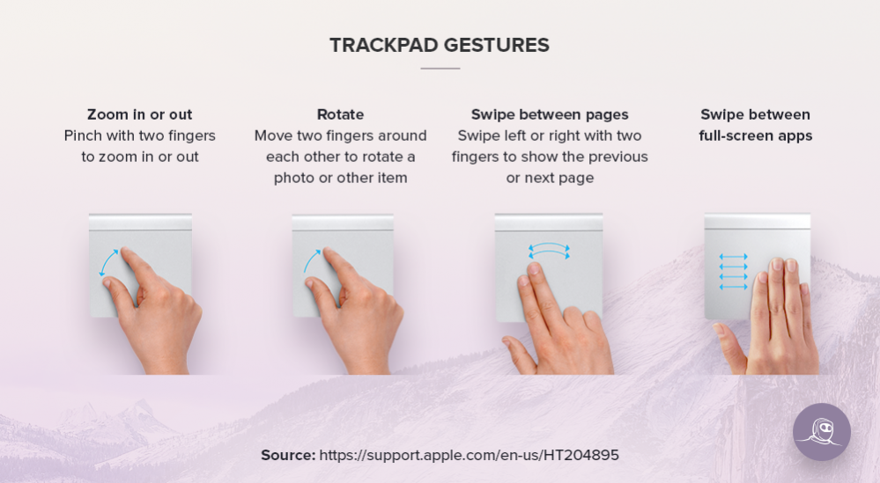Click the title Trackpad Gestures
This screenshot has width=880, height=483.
[440, 46]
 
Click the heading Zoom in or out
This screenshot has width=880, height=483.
[140, 114]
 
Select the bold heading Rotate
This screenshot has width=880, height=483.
[340, 114]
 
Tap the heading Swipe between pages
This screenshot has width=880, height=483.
[550, 115]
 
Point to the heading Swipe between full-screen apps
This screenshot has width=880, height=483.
[756, 125]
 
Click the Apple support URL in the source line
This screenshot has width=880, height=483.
[470, 455]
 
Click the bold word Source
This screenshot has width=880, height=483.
[288, 455]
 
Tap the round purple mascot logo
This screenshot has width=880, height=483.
[822, 432]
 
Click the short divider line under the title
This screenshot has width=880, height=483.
[440, 69]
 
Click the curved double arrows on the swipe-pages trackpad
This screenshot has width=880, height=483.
[549, 251]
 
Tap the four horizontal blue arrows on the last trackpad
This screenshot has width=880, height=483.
[734, 272]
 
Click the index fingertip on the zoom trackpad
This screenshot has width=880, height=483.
[126, 252]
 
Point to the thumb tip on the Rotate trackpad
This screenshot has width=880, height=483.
[310, 282]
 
